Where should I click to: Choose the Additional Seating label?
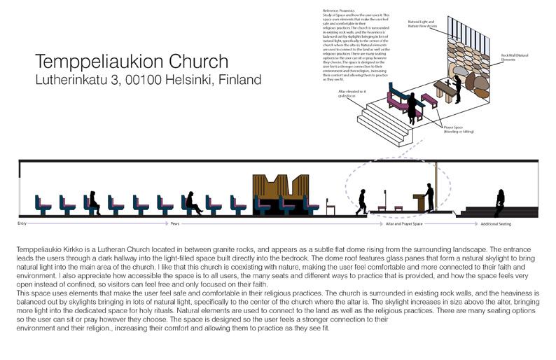point(496,224)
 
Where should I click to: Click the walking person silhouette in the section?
point(361,202)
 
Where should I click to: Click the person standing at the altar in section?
point(429,198)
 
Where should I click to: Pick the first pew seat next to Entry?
point(43,204)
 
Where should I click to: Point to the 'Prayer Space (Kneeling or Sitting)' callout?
point(457,130)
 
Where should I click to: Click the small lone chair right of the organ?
point(331,207)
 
